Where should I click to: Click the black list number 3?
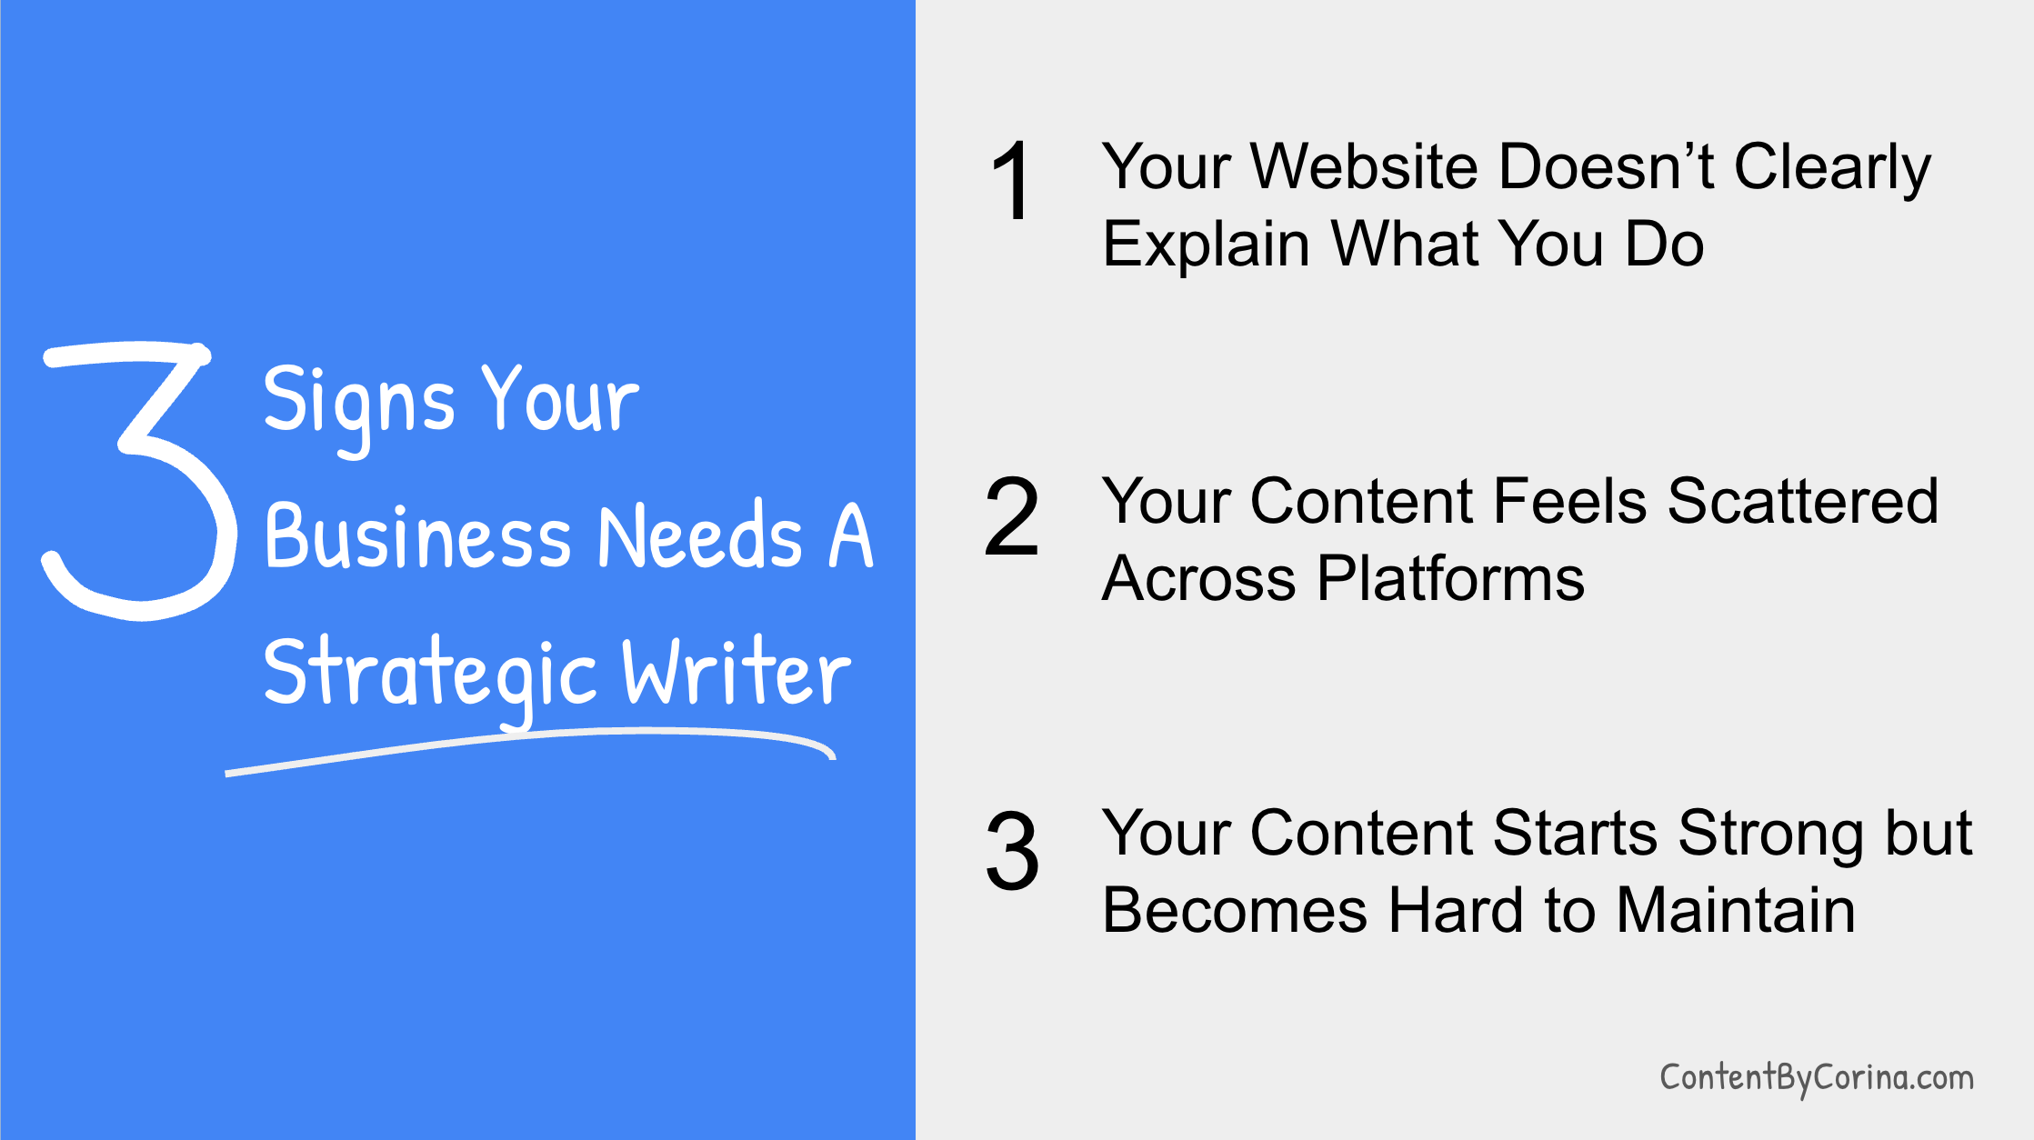[1011, 851]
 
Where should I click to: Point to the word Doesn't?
[1606, 167]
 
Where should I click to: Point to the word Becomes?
[1235, 911]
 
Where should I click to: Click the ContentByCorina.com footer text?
[1816, 1078]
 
